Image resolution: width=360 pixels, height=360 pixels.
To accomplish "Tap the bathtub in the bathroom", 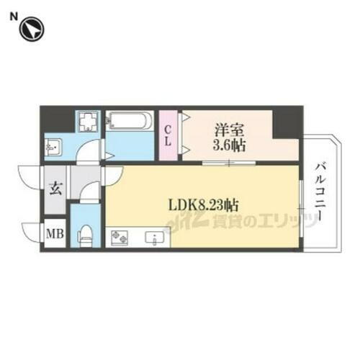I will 130,121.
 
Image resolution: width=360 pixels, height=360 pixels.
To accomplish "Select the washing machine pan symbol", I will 89,122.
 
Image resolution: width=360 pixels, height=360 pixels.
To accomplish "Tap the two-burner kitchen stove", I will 119,237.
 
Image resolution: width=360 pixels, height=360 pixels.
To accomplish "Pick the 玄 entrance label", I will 55,190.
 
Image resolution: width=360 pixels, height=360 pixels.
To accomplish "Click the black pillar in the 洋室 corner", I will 287,124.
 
